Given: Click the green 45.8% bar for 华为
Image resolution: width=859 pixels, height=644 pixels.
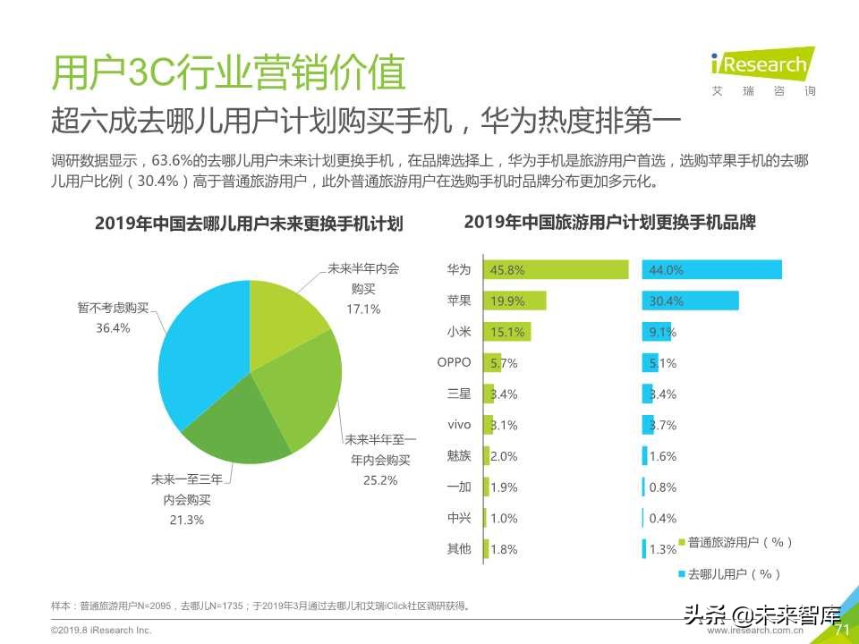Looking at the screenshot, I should click(x=555, y=269).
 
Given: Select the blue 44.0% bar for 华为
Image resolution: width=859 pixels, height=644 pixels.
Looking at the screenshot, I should click(x=711, y=269).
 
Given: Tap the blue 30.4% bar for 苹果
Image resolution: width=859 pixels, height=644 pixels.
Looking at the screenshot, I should click(x=690, y=301).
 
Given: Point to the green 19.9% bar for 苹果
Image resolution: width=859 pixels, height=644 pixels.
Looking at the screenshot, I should click(x=515, y=301).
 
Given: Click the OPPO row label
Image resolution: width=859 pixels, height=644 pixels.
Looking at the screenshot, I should click(x=454, y=363).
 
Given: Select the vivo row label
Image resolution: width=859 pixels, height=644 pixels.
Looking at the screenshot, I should click(x=458, y=425).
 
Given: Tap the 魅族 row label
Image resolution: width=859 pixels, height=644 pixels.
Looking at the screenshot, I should click(x=458, y=456).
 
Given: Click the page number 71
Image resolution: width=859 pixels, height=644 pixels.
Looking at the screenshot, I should click(x=841, y=630).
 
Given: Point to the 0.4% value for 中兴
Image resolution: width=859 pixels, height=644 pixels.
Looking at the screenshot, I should click(x=663, y=518).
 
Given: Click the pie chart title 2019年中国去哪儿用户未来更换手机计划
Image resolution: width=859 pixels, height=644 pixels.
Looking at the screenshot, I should click(x=249, y=224).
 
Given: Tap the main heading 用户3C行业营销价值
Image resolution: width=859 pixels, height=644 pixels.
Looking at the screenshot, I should click(x=229, y=73).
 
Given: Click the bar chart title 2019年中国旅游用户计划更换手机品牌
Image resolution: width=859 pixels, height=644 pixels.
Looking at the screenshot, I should click(x=610, y=223).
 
